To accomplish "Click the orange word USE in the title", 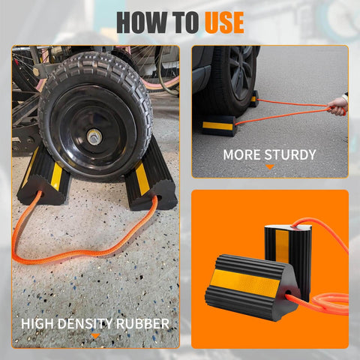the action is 224,22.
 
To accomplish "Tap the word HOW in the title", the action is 142,22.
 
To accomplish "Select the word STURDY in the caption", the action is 290,154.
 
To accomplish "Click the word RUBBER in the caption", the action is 142,324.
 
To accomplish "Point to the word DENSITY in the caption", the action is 85,324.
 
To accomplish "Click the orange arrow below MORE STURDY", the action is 270,167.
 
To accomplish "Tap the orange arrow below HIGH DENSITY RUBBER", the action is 95,336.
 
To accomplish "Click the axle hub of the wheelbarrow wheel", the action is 94,137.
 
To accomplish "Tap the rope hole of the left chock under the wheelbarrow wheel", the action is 40,193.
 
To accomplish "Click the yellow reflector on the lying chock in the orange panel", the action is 246,280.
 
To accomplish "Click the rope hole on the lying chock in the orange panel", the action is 288,292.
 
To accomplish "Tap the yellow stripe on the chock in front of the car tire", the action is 217,126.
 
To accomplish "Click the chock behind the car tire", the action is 253,99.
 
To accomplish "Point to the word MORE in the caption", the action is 242,154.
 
